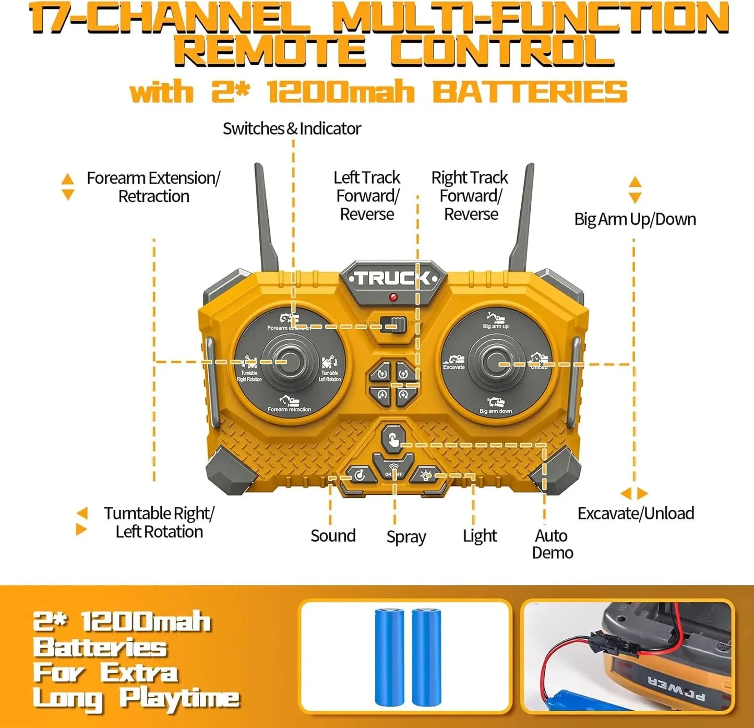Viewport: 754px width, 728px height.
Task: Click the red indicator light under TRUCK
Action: (x=393, y=297)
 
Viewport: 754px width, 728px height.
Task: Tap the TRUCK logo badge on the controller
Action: (x=393, y=278)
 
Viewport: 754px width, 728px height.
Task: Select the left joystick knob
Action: (x=290, y=362)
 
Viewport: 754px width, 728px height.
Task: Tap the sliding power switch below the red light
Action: (x=394, y=326)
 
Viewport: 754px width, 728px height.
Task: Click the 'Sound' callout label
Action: (x=333, y=536)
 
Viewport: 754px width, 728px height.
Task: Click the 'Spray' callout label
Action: (x=406, y=537)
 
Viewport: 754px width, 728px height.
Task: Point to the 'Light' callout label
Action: (x=480, y=536)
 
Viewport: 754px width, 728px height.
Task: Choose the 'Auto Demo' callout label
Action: (x=552, y=544)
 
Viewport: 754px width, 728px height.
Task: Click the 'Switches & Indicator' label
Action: (x=292, y=128)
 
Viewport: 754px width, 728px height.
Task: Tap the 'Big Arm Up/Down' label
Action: (x=635, y=219)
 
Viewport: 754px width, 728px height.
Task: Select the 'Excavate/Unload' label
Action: (x=635, y=514)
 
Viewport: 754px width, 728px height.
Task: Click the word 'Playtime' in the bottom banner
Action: (x=179, y=699)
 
